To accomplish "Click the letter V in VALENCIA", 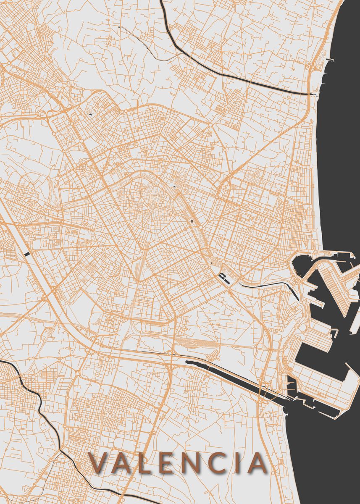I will [x=99, y=463].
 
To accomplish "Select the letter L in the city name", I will [x=147, y=463].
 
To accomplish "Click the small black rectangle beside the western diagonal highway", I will [x=28, y=254].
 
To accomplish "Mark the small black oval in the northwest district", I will [x=91, y=113].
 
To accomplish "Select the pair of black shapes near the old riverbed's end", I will [x=223, y=277].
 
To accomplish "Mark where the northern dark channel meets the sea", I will [x=313, y=94].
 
